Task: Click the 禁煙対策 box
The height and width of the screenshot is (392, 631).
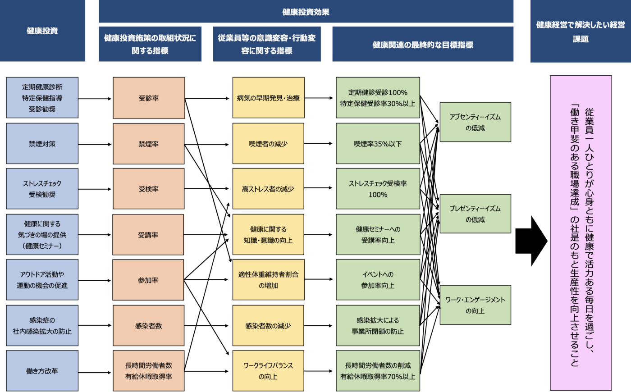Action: [42, 144]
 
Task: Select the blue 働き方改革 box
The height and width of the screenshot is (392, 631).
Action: [42, 371]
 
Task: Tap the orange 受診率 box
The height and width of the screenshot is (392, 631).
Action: [149, 98]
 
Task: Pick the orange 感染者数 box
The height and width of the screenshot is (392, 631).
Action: [149, 325]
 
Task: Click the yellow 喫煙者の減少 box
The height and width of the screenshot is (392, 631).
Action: [268, 144]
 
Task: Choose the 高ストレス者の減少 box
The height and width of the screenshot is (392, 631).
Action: [268, 189]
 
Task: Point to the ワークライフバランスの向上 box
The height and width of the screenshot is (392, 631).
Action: [268, 371]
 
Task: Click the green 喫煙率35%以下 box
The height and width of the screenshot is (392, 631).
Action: [378, 144]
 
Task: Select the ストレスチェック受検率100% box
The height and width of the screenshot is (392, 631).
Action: [378, 189]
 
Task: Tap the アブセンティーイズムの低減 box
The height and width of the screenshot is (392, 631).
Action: [475, 122]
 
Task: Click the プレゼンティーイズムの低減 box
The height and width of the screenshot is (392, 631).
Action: [475, 214]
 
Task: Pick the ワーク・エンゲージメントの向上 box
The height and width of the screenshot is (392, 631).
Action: [475, 305]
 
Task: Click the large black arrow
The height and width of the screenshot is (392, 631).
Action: [530, 241]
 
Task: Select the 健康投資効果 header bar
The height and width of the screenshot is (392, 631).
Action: [306, 12]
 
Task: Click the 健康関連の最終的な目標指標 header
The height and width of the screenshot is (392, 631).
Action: [422, 44]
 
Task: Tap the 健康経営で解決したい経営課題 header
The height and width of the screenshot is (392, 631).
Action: [580, 31]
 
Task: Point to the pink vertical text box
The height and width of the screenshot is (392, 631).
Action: [581, 232]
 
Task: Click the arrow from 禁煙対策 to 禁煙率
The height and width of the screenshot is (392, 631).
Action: [95, 144]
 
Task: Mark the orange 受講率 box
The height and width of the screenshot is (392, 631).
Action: [148, 235]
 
